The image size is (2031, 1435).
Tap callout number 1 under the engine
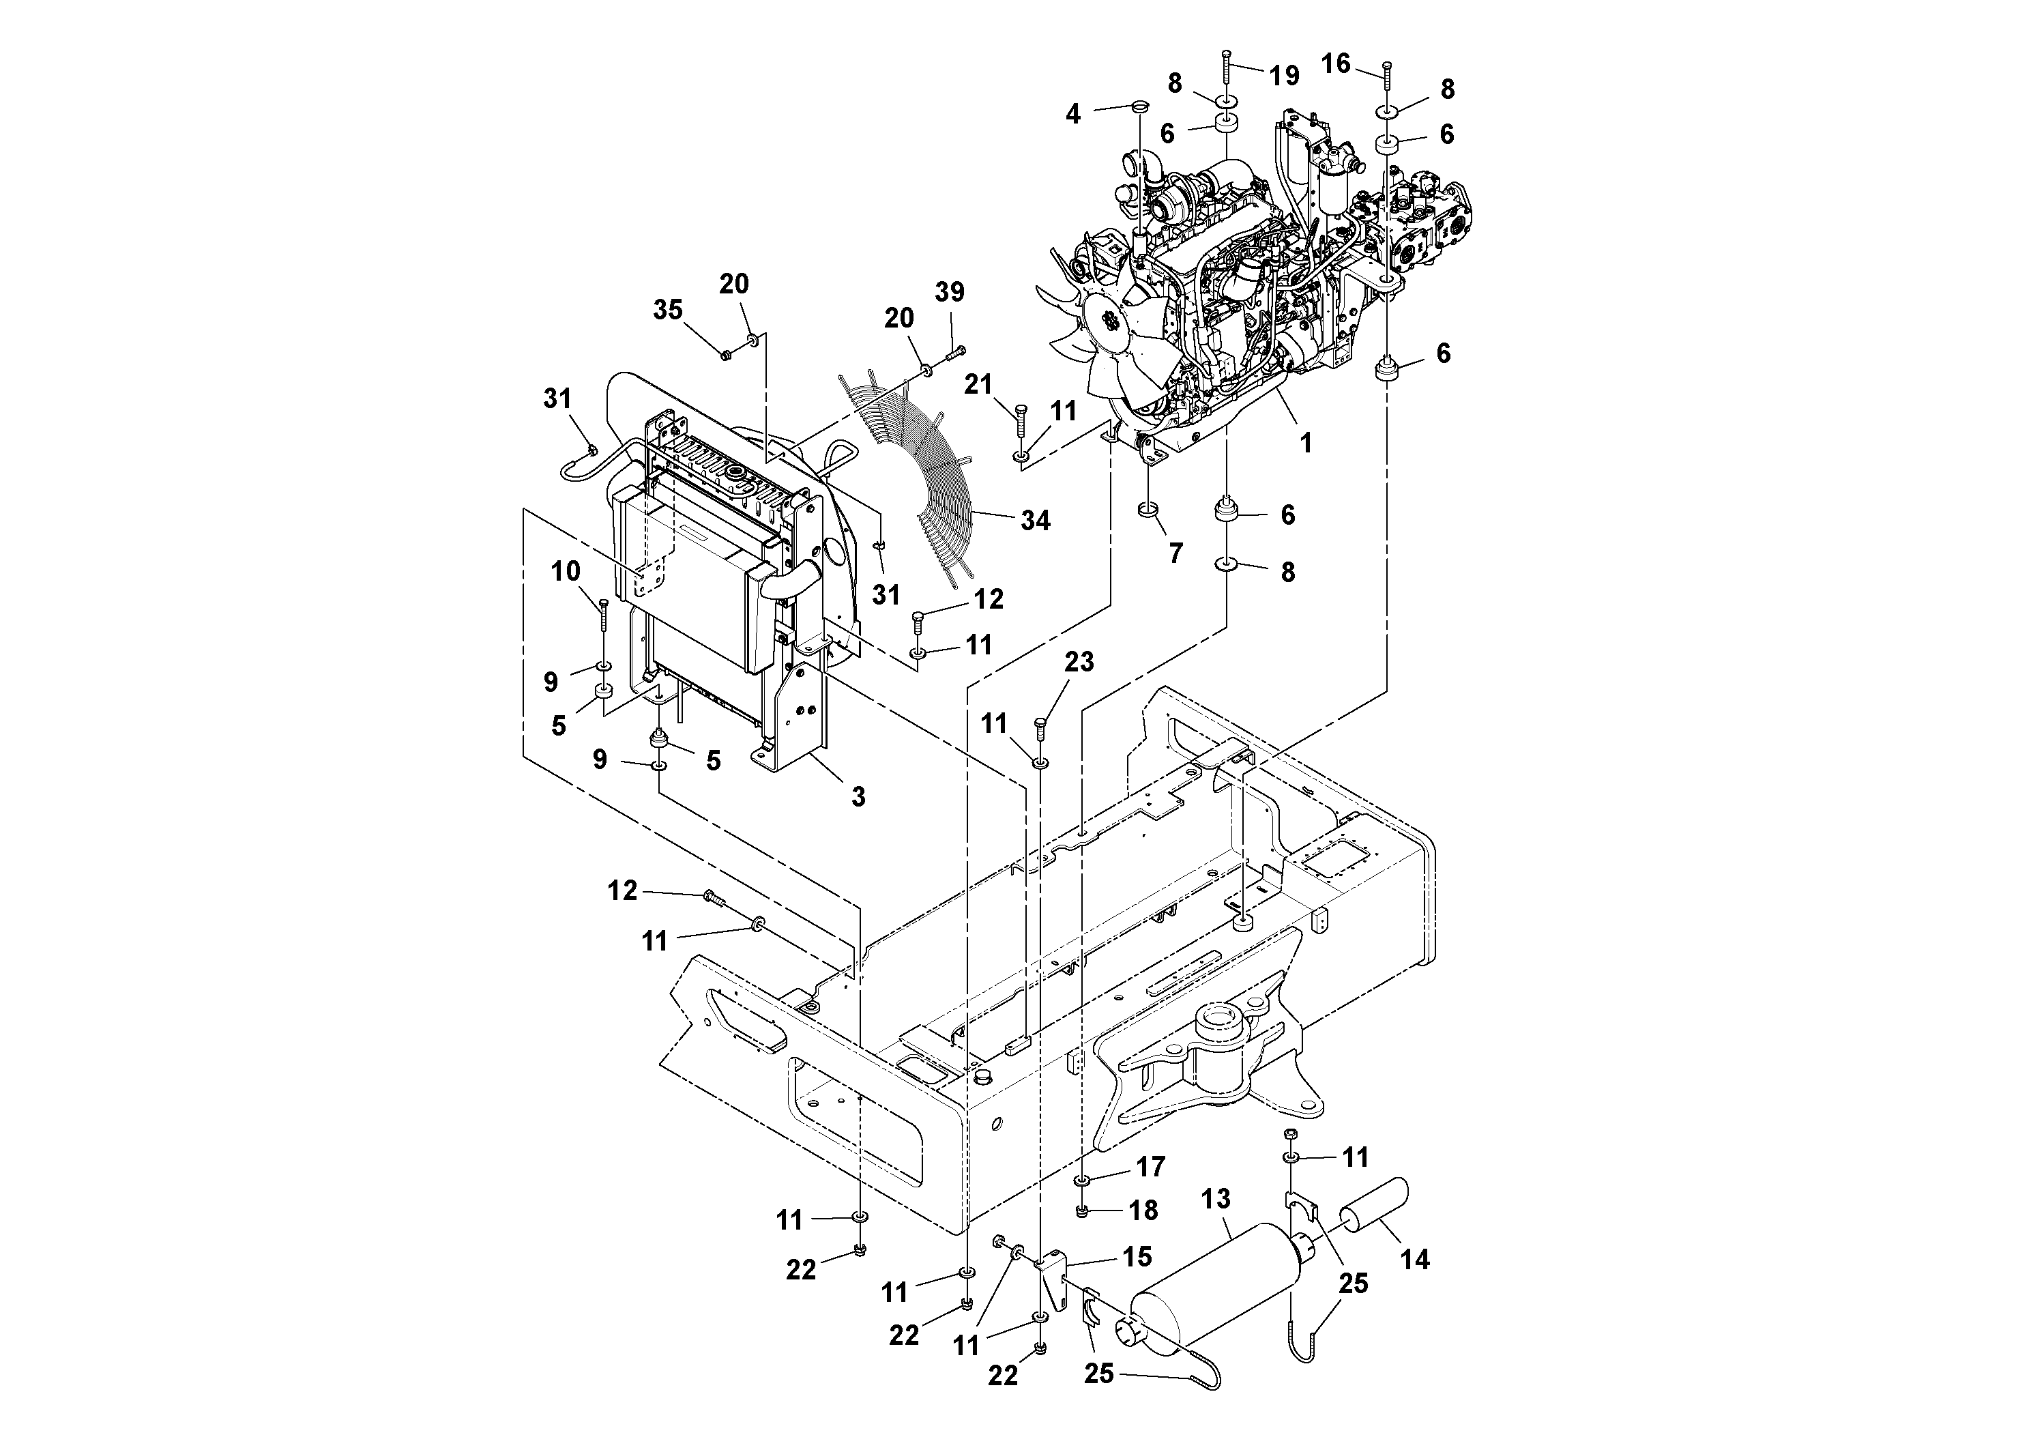coord(1306,442)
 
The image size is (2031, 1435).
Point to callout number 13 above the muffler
coord(1216,1199)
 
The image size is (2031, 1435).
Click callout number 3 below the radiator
coord(858,796)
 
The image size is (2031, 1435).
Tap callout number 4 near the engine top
coord(1073,113)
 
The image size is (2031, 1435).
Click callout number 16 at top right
coord(1336,63)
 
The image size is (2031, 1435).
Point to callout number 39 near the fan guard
coord(950,293)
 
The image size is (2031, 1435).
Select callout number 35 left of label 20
coord(668,310)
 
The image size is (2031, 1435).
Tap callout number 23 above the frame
coord(1079,662)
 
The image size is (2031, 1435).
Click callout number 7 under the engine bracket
coord(1175,553)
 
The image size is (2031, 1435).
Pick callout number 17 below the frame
coord(1151,1167)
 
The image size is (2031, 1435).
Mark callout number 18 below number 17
coord(1144,1211)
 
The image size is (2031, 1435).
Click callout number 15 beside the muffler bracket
coord(1137,1256)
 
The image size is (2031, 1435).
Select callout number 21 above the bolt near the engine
coord(978,384)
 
